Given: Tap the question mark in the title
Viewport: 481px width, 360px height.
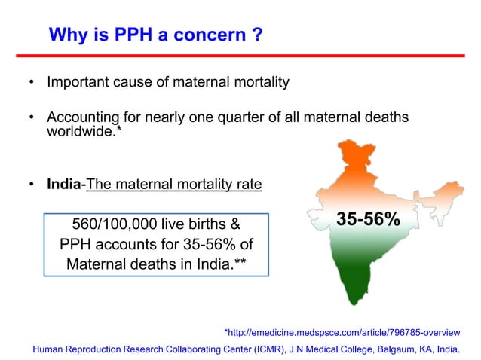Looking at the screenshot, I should tap(257, 35).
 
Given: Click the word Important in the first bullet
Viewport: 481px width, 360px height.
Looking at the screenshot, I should tap(79, 81).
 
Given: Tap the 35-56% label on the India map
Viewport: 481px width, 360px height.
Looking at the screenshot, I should tap(367, 219).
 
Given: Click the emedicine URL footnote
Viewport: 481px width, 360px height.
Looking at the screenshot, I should tap(342, 331).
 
